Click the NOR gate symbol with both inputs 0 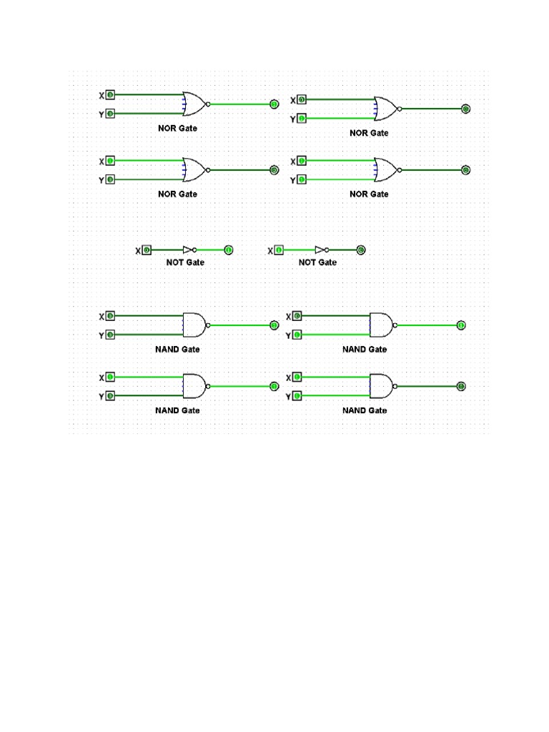(x=194, y=104)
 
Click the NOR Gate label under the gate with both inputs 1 (x=369, y=194)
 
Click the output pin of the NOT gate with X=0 (x=228, y=250)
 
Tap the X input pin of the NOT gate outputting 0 (x=279, y=250)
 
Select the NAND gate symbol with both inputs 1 (x=381, y=386)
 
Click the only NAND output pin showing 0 (x=461, y=386)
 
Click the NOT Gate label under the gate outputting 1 (x=185, y=262)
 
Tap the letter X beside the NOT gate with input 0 (x=138, y=251)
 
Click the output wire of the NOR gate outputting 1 (x=239, y=104)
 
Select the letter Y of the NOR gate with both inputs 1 (x=292, y=180)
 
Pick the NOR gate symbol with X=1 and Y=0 (x=194, y=170)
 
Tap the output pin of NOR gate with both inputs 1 (x=465, y=170)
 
